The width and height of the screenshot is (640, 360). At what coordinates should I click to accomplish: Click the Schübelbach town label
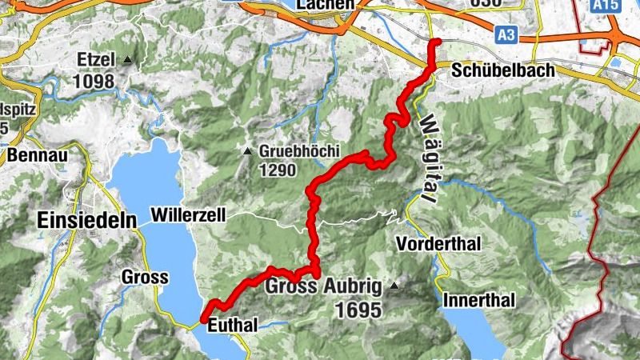click(502, 70)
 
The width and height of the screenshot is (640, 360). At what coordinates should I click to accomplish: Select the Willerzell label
click(188, 214)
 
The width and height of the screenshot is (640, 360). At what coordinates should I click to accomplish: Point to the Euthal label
click(233, 326)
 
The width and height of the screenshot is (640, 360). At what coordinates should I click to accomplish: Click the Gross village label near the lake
click(145, 278)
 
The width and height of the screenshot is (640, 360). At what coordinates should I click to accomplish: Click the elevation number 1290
click(278, 170)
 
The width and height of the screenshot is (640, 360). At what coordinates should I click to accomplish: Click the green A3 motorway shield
click(505, 34)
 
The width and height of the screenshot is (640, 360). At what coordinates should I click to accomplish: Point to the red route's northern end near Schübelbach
click(436, 42)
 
